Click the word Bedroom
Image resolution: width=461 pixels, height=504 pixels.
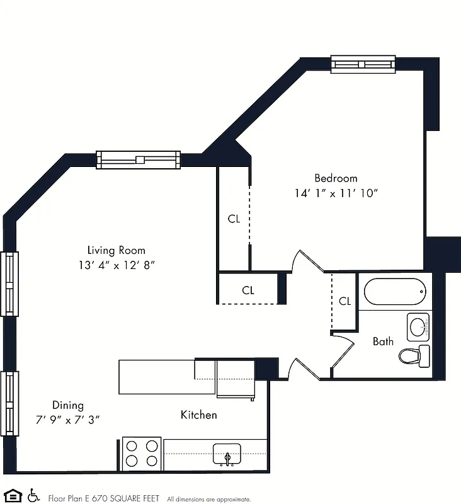[x=336, y=178]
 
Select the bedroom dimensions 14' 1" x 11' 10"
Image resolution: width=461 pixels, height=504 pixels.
[x=336, y=193]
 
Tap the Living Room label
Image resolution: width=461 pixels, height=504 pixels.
[x=116, y=250]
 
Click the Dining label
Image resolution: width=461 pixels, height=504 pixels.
[x=67, y=405]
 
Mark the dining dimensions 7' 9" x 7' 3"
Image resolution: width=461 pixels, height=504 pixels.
[x=67, y=419]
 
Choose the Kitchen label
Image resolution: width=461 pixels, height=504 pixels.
[x=198, y=415]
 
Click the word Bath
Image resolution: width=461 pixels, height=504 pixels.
[x=383, y=341]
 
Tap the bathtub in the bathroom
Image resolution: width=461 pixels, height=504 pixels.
[x=395, y=291]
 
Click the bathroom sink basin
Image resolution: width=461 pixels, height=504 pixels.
[x=418, y=326]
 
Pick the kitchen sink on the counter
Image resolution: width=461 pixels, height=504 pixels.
[x=227, y=454]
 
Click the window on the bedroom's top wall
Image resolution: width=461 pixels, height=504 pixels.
[x=363, y=64]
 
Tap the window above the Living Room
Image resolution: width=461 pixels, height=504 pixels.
[x=139, y=160]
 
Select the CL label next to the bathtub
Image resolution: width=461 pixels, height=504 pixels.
[x=344, y=301]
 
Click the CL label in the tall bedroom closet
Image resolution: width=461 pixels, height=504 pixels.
[x=234, y=219]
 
